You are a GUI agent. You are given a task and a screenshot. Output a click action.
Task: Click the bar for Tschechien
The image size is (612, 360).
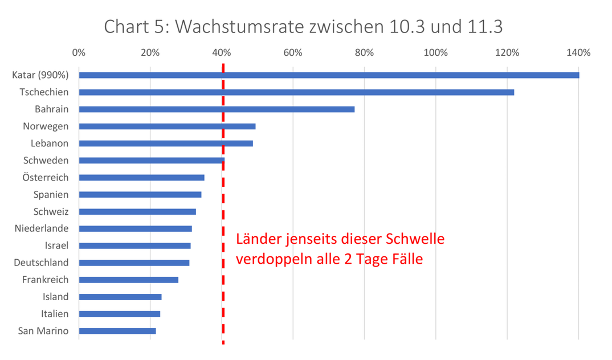pos(296,92)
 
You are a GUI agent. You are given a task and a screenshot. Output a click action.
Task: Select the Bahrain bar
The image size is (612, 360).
pos(217,109)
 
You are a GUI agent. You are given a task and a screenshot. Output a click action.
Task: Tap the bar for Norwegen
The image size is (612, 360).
pos(167,126)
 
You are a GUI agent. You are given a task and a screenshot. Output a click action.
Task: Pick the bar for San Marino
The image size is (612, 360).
pos(117,331)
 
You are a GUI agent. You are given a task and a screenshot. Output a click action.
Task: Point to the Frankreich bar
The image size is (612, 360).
pos(128,280)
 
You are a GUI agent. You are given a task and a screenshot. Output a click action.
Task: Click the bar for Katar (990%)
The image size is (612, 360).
pos(329,75)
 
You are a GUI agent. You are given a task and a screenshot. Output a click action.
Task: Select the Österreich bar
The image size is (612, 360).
pos(141,178)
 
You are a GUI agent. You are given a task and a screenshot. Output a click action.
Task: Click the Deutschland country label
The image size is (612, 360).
pos(41,263)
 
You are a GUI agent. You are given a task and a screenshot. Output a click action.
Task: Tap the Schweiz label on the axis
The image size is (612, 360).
pos(51,211)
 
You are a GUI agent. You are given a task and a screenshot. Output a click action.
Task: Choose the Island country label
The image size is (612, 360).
pos(55,297)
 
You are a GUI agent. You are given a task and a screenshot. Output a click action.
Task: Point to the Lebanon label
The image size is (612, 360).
pos(50,143)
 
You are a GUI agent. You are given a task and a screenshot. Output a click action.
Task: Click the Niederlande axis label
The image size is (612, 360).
pos(42,228)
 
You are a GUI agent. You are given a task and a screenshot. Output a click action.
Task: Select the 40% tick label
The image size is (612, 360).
pos(222,53)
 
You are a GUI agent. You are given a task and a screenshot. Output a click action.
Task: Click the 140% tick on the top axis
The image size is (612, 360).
pos(578,53)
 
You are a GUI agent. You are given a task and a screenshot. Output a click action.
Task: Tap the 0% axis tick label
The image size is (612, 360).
pos(79,53)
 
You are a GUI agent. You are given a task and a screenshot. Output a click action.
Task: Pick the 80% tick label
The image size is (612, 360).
pos(364,53)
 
